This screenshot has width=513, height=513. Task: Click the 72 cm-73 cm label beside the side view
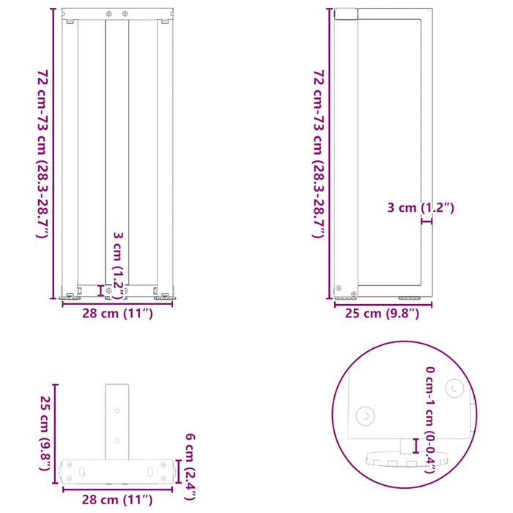click(x=318, y=154)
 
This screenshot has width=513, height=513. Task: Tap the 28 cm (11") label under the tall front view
click(x=117, y=315)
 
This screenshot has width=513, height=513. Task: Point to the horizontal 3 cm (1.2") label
click(x=421, y=208)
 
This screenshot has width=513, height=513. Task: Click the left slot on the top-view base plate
click(x=82, y=470)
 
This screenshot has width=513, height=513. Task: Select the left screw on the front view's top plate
click(x=110, y=14)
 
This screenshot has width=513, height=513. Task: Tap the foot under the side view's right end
click(x=410, y=297)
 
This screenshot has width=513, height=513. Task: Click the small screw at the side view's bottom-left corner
click(x=339, y=288)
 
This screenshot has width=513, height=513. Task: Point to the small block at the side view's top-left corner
click(x=345, y=13)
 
